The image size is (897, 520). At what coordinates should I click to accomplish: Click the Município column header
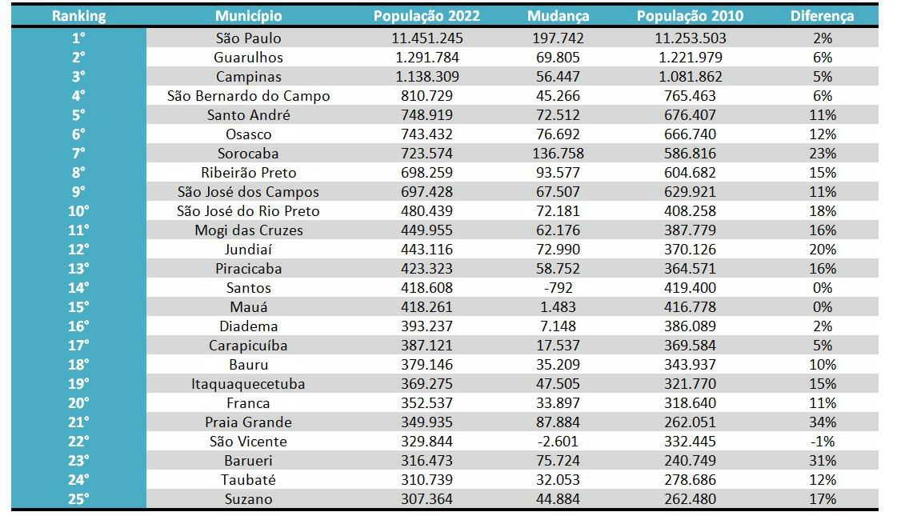(248, 16)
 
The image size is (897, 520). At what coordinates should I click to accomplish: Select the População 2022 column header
(428, 16)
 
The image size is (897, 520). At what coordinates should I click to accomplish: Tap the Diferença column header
(822, 16)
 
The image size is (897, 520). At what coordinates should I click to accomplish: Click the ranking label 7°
(78, 154)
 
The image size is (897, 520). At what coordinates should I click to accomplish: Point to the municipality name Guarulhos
(248, 58)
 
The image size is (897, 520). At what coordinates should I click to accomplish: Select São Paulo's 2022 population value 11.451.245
(428, 38)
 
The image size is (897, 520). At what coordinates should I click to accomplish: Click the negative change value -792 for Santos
(559, 288)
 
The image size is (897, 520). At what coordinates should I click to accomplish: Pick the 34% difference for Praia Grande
(822, 422)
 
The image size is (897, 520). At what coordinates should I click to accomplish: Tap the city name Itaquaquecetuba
(248, 384)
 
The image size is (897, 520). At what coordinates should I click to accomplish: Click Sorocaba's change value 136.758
(559, 154)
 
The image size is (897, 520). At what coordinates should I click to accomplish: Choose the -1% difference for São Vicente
(822, 442)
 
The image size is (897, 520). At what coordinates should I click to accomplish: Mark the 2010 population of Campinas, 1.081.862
(691, 77)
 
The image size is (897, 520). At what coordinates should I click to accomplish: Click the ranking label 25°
(78, 499)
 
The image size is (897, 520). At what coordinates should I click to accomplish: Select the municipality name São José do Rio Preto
(248, 211)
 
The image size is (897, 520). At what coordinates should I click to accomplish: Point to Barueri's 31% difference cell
(822, 461)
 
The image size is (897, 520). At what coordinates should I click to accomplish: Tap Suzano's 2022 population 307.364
(428, 499)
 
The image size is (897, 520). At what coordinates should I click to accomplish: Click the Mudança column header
(559, 16)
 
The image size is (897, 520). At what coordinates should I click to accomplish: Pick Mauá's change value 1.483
(559, 307)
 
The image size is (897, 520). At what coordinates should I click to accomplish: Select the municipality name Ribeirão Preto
(248, 173)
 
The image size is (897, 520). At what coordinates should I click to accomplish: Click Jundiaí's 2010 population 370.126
(691, 250)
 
